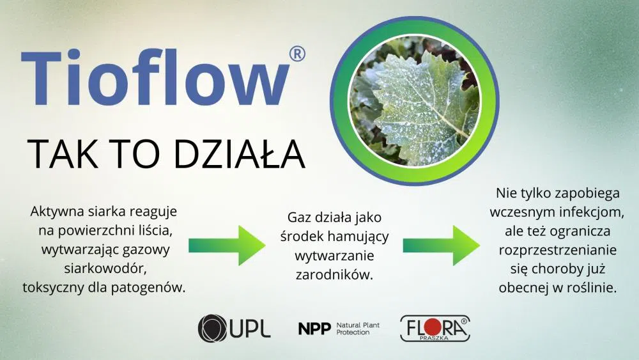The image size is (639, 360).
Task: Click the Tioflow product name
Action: coord(155,77)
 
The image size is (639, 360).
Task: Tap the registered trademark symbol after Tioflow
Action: coord(297,54)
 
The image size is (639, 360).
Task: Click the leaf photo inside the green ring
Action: coord(415,101)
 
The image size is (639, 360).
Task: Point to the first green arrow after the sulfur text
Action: coord(227,246)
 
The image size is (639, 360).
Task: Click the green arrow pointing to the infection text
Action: coord(442,246)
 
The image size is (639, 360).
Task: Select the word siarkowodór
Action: coord(105,269)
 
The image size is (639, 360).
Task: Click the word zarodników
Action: coord(334,275)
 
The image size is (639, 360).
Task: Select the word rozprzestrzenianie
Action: coord(557,250)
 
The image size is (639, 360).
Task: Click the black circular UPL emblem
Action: coord(212,328)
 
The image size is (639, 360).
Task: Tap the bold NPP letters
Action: coord(314,329)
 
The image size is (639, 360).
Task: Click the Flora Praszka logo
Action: coord(435,328)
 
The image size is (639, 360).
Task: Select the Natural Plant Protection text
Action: coord(358,329)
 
